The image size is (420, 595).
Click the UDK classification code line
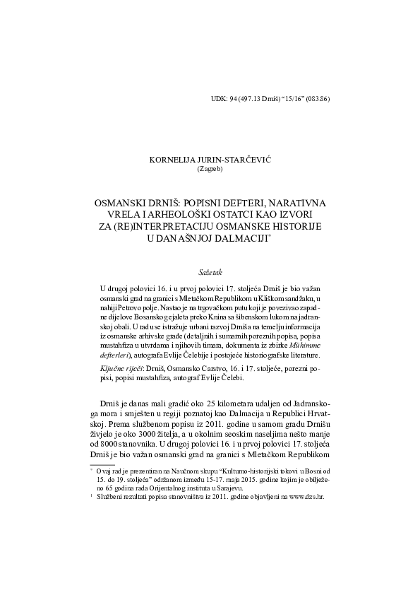(270, 99)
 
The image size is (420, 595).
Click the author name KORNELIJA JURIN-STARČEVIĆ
(210, 160)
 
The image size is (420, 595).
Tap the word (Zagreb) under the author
(210, 169)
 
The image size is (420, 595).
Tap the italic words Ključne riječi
(121, 370)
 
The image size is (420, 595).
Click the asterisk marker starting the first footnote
(92, 487)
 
